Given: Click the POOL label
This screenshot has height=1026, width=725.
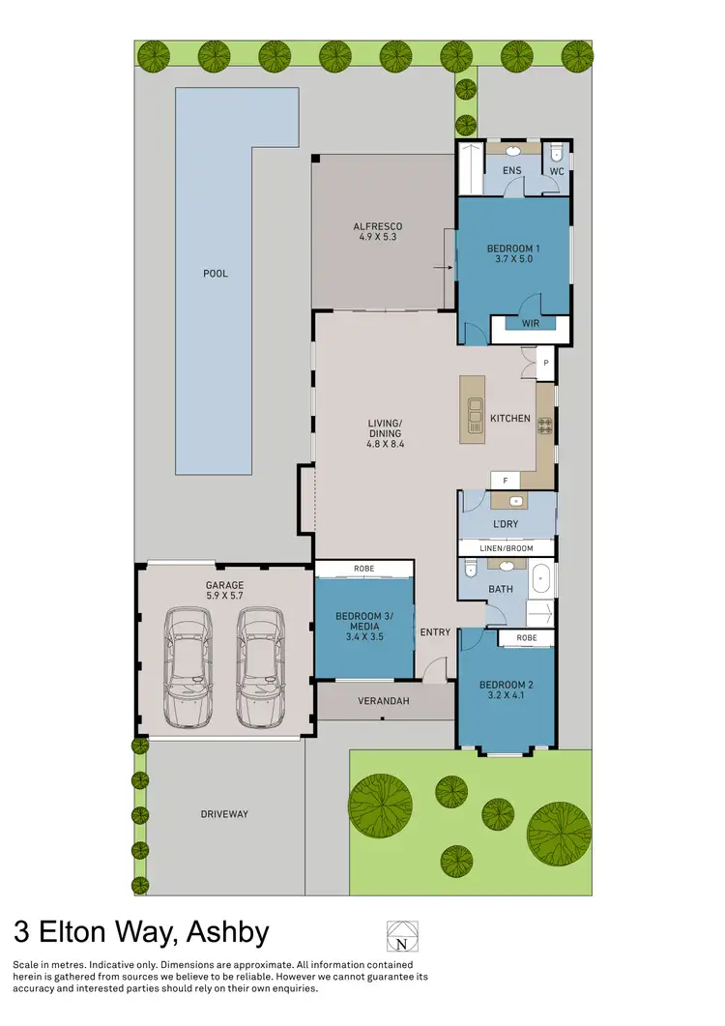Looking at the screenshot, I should point(216,274).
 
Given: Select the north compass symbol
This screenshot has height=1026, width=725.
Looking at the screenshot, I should point(399,936).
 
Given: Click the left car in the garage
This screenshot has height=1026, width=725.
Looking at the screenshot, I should point(188,667).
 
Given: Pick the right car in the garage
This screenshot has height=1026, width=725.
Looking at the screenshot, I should point(259,667).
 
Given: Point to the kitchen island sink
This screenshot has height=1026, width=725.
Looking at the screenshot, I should point(474,414).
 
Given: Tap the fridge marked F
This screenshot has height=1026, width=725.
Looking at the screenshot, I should point(505,480).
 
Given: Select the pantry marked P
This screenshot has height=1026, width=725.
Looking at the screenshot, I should point(545,363).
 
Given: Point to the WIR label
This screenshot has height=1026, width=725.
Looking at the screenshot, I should point(530,324).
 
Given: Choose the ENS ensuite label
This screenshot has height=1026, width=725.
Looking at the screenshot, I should point(512,171).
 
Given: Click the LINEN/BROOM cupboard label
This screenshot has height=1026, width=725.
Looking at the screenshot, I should point(507,548).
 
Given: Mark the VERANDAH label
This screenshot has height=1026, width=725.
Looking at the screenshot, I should point(385,701).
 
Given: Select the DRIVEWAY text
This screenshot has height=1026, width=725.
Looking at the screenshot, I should point(224,814).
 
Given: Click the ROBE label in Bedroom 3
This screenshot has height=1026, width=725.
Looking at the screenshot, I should point(363,569).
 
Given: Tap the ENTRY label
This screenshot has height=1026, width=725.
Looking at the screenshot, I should point(435,632).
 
